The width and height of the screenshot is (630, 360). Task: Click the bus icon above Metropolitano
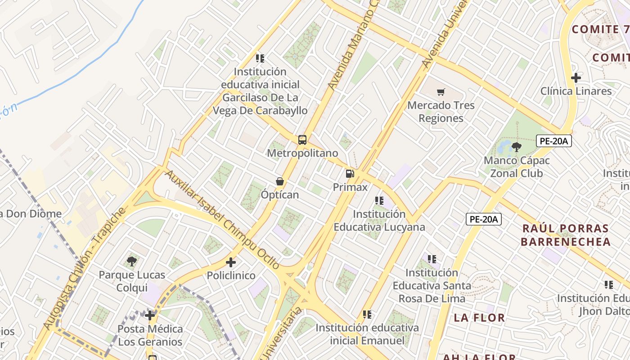[302, 139]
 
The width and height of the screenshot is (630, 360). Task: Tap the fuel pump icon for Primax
[350, 173]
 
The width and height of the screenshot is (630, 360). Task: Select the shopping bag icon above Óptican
[280, 181]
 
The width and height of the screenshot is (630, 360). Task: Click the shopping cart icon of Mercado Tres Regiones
[441, 92]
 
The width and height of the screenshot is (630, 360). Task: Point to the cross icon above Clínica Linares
[576, 78]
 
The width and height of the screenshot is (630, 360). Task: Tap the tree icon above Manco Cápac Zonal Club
[516, 147]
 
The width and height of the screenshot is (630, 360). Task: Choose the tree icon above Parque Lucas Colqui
[132, 261]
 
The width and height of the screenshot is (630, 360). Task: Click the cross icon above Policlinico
[231, 262]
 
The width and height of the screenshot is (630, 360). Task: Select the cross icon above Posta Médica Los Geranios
[150, 315]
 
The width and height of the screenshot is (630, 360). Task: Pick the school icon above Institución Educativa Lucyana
[379, 201]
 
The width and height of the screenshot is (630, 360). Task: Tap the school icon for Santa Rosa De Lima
[432, 259]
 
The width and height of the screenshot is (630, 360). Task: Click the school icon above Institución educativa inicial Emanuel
[367, 315]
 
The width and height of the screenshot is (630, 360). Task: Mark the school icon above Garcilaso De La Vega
[260, 58]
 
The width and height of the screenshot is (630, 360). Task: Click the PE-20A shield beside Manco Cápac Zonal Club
[554, 141]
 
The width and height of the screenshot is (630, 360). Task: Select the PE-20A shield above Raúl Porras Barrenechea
[483, 219]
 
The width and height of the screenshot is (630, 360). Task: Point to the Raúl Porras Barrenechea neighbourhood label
[566, 235]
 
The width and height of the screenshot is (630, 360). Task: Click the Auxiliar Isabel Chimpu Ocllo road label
[222, 220]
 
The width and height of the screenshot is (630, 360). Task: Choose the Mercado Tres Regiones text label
[441, 112]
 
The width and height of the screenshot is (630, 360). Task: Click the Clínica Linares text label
[576, 91]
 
